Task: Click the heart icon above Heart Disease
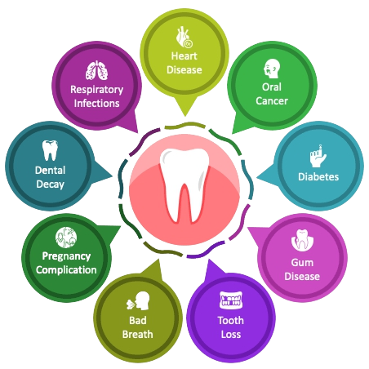[184, 37]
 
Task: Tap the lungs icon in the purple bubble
[96, 70]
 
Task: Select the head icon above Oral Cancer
[272, 69]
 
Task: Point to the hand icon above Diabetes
[318, 156]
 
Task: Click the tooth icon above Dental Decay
[50, 150]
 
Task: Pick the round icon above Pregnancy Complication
[66, 238]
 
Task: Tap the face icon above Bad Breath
[138, 300]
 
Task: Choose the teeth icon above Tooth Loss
[231, 300]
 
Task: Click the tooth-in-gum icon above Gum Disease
[302, 240]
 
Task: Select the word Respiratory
[97, 90]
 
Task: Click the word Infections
[97, 104]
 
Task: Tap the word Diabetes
[318, 177]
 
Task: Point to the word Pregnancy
[66, 256]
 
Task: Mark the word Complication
[66, 270]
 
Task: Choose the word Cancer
[272, 101]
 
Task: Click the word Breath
[138, 334]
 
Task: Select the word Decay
[51, 184]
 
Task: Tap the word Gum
[302, 263]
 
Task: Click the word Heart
[184, 56]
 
